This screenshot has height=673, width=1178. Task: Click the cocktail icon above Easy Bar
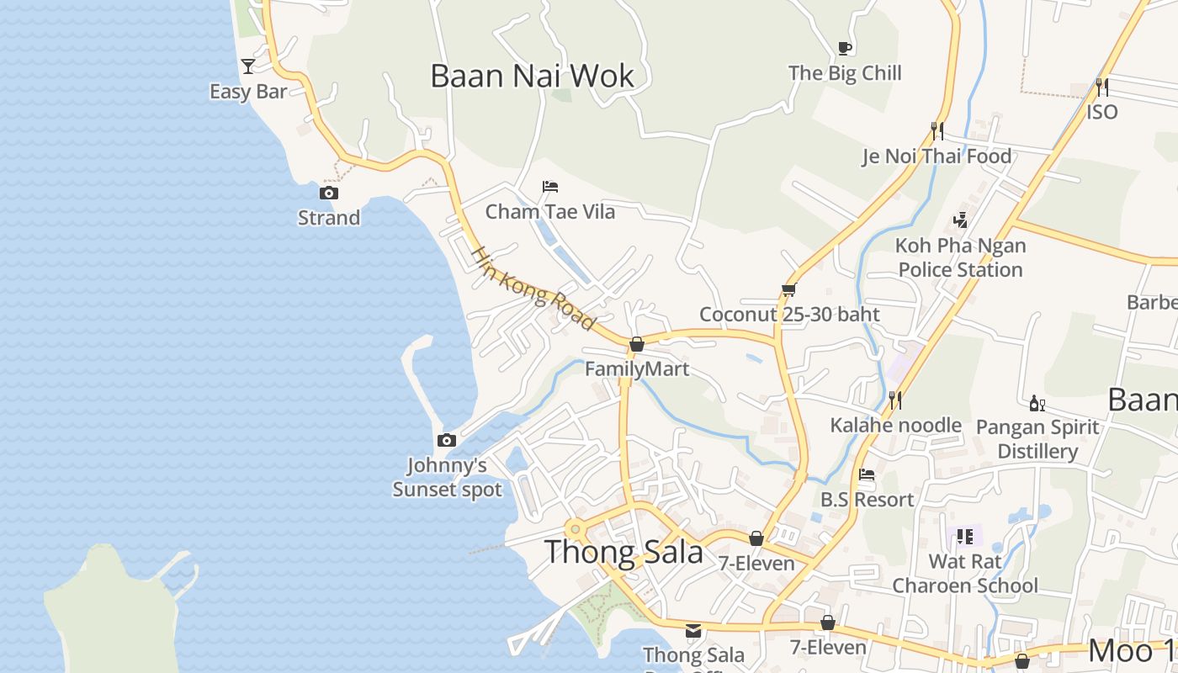tap(248, 66)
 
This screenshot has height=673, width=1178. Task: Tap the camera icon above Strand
tap(328, 193)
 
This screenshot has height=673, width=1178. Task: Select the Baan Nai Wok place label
tap(532, 76)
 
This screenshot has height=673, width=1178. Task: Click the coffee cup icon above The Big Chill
tap(845, 48)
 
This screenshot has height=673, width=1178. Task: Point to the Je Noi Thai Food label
tap(937, 156)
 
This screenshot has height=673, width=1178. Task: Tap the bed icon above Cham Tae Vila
tap(550, 186)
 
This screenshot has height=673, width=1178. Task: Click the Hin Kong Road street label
tap(533, 287)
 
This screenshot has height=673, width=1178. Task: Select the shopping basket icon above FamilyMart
tap(637, 344)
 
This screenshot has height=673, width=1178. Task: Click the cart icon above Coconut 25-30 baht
tap(788, 290)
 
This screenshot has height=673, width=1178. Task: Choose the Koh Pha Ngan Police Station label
tap(960, 257)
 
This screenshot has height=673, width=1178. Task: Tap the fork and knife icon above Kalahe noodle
tap(895, 400)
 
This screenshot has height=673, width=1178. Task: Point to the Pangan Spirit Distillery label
tap(1037, 438)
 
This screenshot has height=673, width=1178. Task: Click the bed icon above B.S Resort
tap(867, 474)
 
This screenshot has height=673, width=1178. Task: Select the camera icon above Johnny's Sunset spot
tap(447, 440)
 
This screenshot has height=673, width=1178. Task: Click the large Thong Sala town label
tap(623, 552)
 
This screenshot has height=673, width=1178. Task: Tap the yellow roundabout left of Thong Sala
tap(576, 529)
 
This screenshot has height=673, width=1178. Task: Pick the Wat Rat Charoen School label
tap(965, 573)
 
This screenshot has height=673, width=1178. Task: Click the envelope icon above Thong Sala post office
tap(693, 630)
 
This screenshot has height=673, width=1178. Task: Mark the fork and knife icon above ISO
tap(1101, 87)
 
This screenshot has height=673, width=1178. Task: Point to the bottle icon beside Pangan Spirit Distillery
tap(1037, 403)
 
